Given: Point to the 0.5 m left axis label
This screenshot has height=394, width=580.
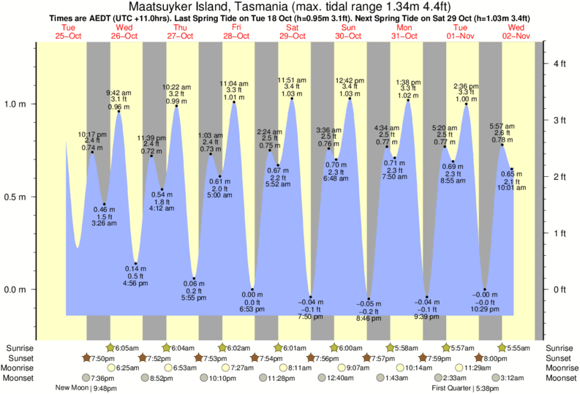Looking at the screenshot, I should pyautogui.click(x=17, y=197).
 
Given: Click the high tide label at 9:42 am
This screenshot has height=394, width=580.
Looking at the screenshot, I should pyautogui.click(x=118, y=100).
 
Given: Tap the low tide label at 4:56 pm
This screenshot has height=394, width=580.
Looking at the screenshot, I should pyautogui.click(x=136, y=275).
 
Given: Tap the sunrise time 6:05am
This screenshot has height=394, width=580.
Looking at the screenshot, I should pyautogui.click(x=129, y=348).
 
